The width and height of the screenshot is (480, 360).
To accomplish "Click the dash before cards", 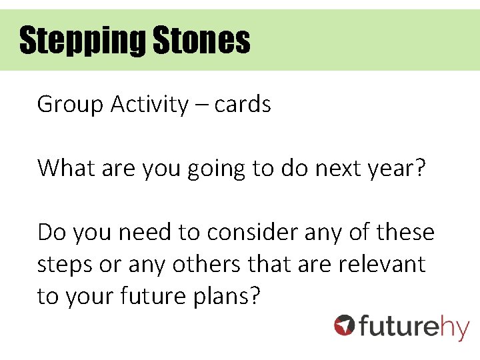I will [202, 105].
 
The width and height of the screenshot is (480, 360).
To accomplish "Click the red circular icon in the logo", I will [345, 325].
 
